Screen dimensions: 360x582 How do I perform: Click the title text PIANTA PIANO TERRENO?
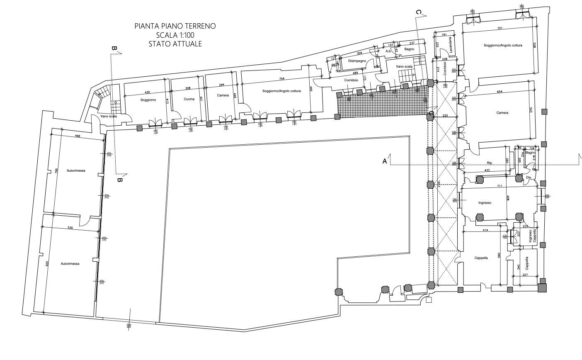tap(175, 26)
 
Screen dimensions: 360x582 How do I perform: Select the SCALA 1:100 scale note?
tap(175, 35)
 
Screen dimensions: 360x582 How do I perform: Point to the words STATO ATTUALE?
tap(175, 44)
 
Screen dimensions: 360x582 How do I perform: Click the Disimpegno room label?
tap(357, 61)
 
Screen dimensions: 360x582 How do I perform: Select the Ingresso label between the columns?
tap(485, 203)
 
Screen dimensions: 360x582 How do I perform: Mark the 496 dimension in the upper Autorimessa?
tap(77, 136)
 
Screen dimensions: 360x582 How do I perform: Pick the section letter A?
tap(385, 161)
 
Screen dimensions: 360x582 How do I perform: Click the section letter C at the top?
tap(418, 12)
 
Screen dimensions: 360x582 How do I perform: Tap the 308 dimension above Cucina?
tap(187, 88)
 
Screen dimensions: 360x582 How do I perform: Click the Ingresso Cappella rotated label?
tap(532, 236)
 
